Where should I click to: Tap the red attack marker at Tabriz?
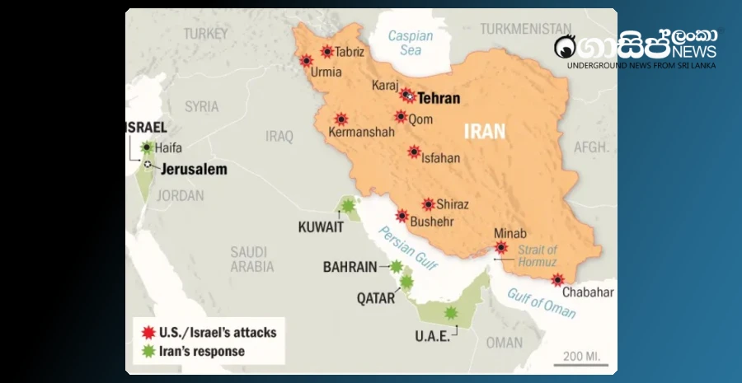pos(327,51)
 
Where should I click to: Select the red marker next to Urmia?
pos(307,60)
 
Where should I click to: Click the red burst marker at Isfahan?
pos(414,152)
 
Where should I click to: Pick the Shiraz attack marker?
pos(429,204)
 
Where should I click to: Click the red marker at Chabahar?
pos(558,279)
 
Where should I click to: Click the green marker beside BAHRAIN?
pos(397,266)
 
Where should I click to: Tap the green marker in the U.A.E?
pos(450,313)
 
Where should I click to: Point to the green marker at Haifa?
pos(148,148)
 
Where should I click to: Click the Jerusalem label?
pos(194,170)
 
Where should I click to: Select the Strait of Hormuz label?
pos(538,255)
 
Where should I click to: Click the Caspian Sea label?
pos(410,43)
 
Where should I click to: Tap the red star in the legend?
pos(148,333)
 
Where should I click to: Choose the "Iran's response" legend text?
pos(203,352)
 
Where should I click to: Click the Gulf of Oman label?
pos(541,302)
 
